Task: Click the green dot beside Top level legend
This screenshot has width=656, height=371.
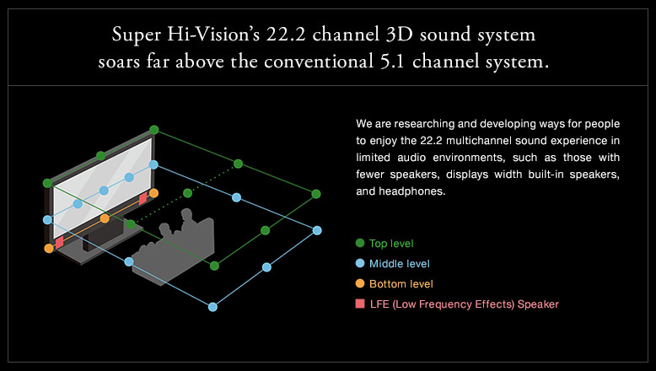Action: coord(360,243)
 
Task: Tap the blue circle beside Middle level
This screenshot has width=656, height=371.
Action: coord(360,263)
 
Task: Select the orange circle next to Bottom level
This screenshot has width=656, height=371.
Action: coord(360,283)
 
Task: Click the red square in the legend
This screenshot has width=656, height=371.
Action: coord(360,304)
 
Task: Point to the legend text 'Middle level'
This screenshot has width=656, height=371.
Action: coord(399,264)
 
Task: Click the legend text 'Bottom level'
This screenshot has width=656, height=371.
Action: coord(401,284)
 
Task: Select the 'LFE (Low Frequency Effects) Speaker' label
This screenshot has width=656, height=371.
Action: coord(465,304)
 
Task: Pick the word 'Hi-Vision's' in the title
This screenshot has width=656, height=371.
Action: coord(213,35)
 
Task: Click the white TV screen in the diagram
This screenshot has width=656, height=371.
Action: coord(103,189)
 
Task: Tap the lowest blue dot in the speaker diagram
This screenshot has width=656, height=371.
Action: coord(212,307)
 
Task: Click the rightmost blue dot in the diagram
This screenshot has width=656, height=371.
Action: coord(317,230)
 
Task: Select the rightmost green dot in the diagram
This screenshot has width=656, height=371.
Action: coord(316,194)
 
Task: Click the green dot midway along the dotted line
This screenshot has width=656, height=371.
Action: coord(187,193)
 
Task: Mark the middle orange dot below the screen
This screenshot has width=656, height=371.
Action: coord(105,218)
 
